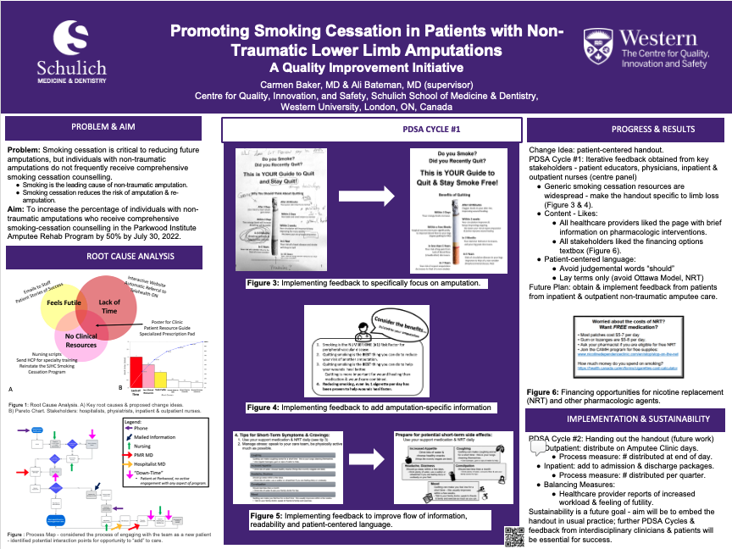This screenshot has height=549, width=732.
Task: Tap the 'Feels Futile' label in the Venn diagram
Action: coord(64,302)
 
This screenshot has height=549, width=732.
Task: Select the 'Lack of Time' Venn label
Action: coord(109,306)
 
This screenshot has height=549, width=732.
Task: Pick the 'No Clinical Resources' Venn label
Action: coord(81,341)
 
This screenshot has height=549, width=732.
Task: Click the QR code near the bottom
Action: coord(513,534)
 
